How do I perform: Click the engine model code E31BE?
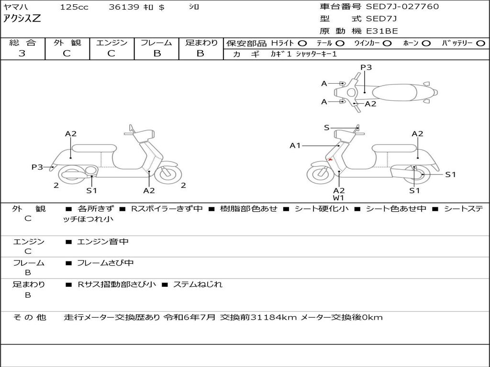click(382, 31)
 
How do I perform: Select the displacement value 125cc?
click(71, 7)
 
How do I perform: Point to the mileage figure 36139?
click(124, 7)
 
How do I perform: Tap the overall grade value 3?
click(22, 54)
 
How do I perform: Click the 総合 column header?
click(22, 43)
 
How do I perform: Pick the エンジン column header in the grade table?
click(111, 43)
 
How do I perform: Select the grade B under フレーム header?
click(156, 54)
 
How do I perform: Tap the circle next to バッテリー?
click(480, 43)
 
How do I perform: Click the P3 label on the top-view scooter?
click(366, 67)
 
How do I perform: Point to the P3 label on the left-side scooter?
click(37, 167)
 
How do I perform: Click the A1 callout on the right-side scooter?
click(295, 145)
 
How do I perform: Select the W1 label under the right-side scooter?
click(339, 198)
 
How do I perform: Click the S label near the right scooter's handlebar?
click(327, 128)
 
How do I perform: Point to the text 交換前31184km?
click(258, 317)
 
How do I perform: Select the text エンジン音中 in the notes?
click(103, 242)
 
